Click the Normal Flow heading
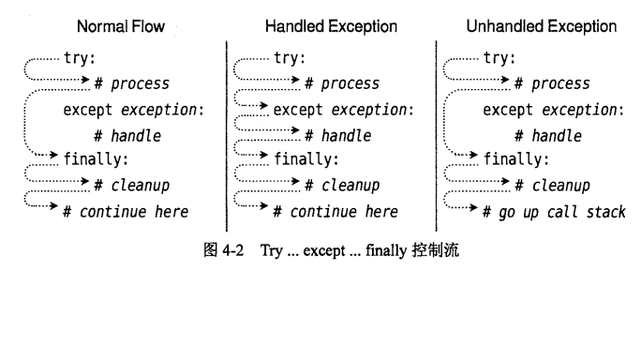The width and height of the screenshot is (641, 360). click(120, 27)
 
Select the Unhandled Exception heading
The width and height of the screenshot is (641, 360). click(541, 27)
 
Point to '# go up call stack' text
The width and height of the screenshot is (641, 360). click(554, 212)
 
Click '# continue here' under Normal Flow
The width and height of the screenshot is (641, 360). click(125, 212)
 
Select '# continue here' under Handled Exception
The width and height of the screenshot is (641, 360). click(335, 212)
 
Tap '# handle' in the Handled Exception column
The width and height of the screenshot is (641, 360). click(339, 135)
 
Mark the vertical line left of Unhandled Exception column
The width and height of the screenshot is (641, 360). click(437, 131)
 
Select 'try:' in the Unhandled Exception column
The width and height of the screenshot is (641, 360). click(499, 58)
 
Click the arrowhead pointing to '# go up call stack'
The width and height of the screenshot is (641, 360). click(476, 212)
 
